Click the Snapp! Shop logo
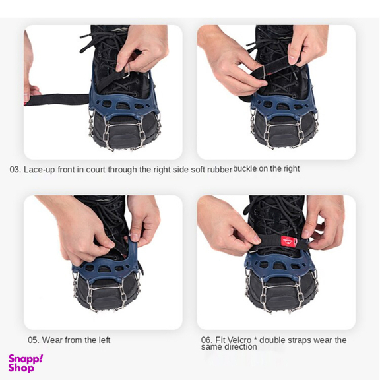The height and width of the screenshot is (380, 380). click(x=26, y=364)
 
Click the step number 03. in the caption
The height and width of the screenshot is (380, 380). click(x=15, y=170)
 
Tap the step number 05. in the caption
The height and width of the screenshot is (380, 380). click(x=34, y=340)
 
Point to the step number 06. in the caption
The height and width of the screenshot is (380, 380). click(x=206, y=340)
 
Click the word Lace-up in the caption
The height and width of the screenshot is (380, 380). click(x=40, y=170)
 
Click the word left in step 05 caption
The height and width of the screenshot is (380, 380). click(x=104, y=340)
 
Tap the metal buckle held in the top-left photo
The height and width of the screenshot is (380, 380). click(x=127, y=72)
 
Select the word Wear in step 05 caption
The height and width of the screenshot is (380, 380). click(x=51, y=340)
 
